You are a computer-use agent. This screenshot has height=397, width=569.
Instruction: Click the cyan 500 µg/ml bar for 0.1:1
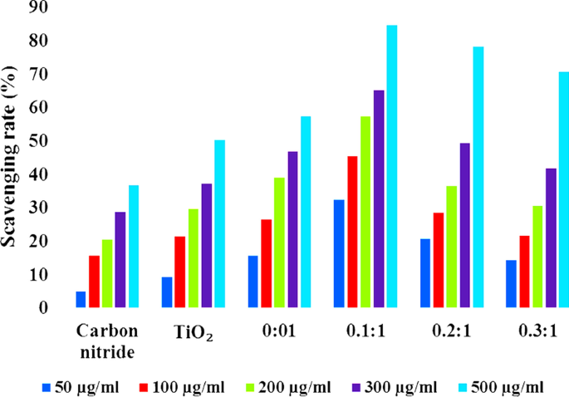[x=392, y=166]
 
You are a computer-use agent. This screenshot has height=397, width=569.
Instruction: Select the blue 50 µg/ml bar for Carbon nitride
[x=81, y=300]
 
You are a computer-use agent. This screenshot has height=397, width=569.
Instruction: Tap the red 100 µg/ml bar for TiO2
[x=180, y=272]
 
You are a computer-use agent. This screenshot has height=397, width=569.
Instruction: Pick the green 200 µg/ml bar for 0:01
[x=279, y=243]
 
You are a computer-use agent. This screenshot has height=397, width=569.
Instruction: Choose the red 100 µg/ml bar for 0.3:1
[x=523, y=272]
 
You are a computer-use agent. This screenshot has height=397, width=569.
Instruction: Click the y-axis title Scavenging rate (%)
[x=12, y=154]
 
